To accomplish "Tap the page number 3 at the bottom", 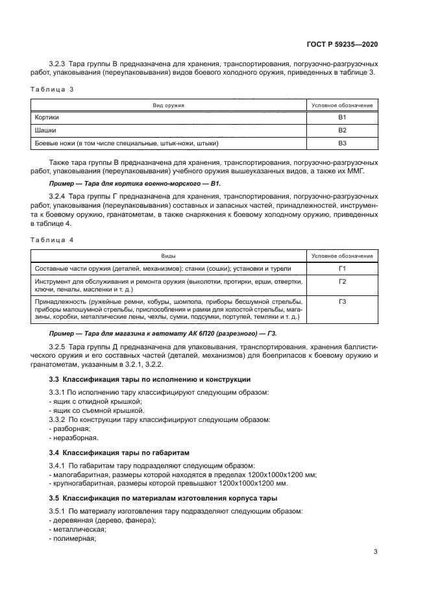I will tap(376, 552).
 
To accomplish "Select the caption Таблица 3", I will tap(53, 90).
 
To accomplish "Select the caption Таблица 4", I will tap(53, 240).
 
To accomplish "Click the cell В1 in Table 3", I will tap(343, 117).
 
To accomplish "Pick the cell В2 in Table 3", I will tap(343, 130).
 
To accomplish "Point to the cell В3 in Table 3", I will tap(343, 143).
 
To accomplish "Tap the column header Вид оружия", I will tap(169, 105).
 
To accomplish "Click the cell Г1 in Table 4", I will tap(343, 268).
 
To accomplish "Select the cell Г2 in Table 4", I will tap(343, 281).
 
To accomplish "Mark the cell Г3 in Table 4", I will tap(343, 302).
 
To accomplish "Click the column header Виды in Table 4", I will tap(169, 256).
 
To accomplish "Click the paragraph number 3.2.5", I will tap(60, 347).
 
